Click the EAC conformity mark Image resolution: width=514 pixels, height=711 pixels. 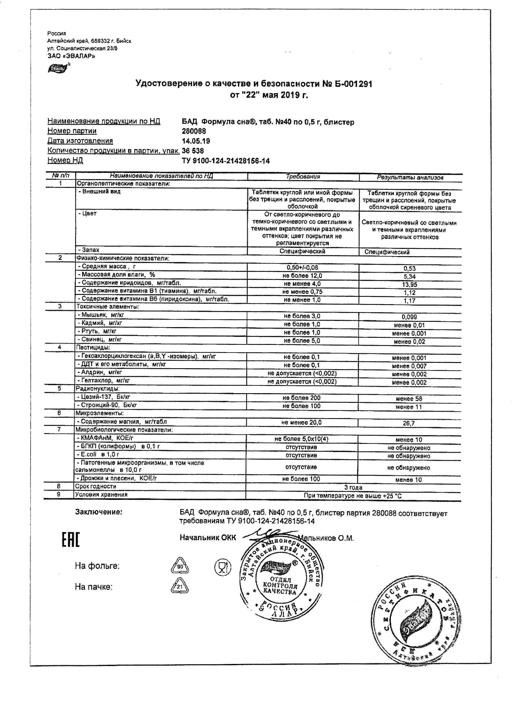coord(71,539)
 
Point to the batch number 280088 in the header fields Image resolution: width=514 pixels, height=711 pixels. coord(194,131)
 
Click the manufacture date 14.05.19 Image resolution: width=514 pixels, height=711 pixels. coord(196,141)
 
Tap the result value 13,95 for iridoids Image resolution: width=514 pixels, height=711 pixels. coord(409,285)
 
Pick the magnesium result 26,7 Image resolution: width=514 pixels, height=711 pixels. coord(409,423)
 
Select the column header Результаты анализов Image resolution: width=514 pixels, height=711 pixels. coord(410,177)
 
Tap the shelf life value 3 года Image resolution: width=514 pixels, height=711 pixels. coord(353,487)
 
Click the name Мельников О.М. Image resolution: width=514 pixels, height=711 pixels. coord(326,538)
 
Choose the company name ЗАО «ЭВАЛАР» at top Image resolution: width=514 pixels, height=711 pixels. coord(71,56)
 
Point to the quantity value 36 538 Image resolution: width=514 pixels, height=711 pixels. coord(192,151)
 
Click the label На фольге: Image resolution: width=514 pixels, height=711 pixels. coord(97,566)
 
